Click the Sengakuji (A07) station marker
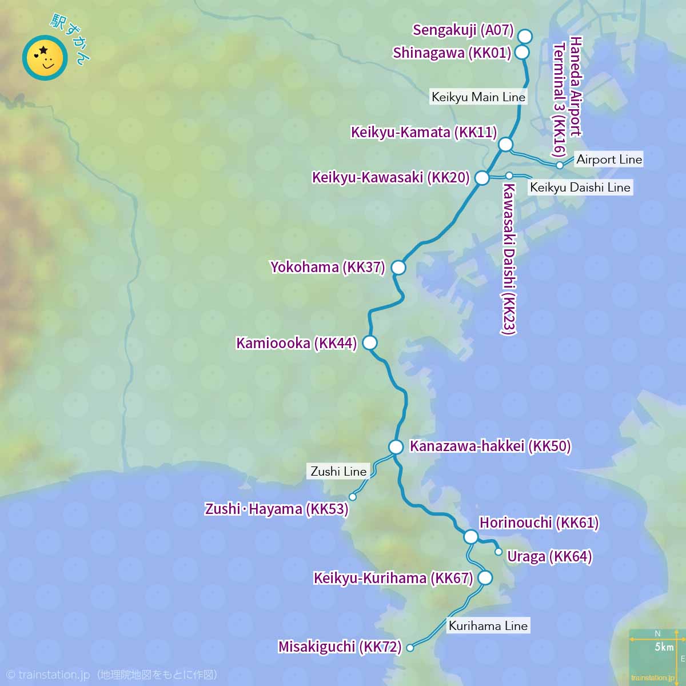[525, 37]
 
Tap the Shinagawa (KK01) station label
[452, 53]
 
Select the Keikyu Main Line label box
[478, 97]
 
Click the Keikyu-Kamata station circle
[505, 145]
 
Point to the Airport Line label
[609, 159]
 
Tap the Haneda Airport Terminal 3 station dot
[560, 165]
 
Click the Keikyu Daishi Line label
[580, 188]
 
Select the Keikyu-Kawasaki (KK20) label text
[390, 178]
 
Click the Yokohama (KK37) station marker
[398, 267]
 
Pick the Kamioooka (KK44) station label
[296, 343]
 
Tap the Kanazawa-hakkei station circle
[396, 447]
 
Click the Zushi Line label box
[338, 472]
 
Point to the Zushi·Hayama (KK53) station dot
[353, 497]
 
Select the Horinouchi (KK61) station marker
[470, 536]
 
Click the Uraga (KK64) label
[549, 556]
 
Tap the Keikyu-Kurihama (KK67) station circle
[485, 578]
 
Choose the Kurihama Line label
[488, 625]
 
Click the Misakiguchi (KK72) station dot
[410, 648]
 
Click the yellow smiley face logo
[45, 58]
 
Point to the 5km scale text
[664, 647]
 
